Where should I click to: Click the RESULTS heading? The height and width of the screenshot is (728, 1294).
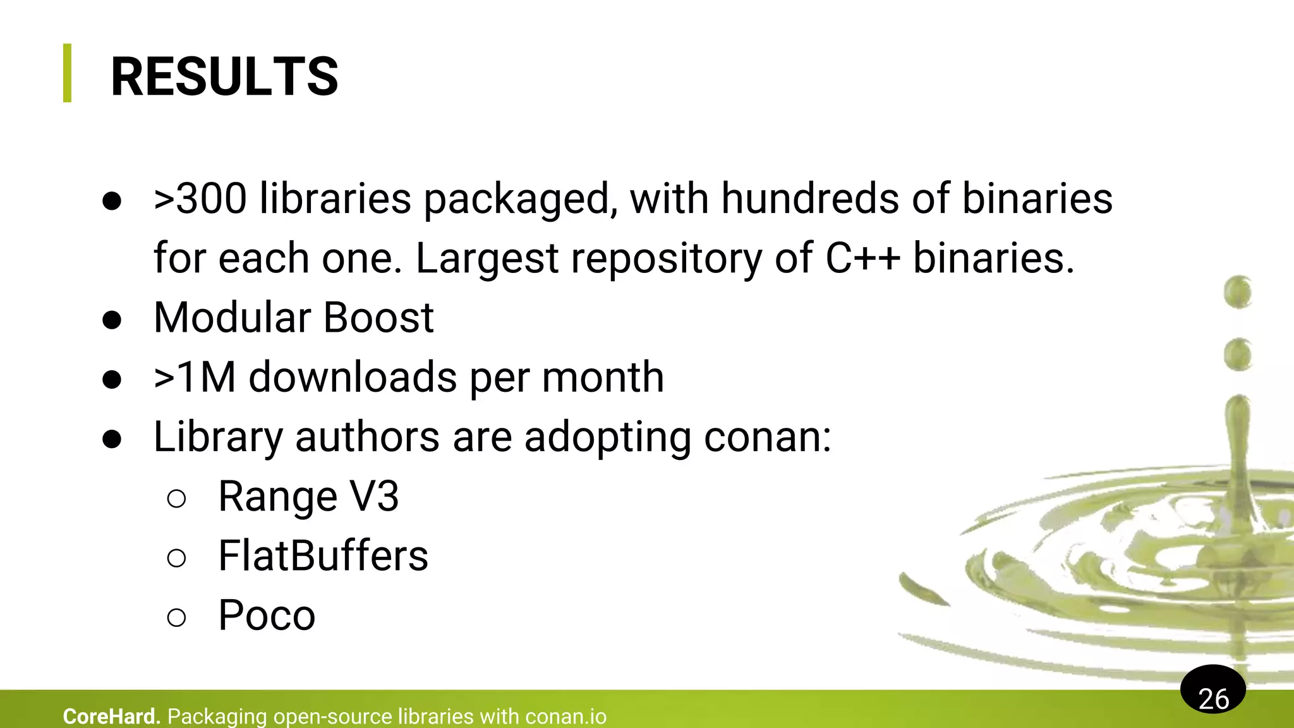(x=224, y=76)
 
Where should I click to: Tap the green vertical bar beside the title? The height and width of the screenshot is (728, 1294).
(x=67, y=73)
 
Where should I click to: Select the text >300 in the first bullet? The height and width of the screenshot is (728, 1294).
(x=200, y=198)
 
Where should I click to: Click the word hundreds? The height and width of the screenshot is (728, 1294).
(x=810, y=198)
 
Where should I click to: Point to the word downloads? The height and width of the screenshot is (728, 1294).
(x=353, y=377)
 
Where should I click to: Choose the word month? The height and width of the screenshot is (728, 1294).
(x=602, y=377)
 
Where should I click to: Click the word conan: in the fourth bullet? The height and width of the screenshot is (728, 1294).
(x=767, y=437)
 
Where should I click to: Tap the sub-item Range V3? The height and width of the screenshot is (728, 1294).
(x=308, y=497)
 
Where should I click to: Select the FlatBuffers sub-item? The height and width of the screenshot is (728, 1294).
(x=323, y=556)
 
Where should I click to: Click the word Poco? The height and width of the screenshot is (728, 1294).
(x=266, y=616)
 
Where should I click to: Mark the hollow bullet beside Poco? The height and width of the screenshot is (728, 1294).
(x=177, y=617)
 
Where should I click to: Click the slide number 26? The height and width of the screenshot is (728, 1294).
(x=1212, y=698)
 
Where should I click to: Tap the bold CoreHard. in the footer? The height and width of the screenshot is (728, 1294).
(x=111, y=717)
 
